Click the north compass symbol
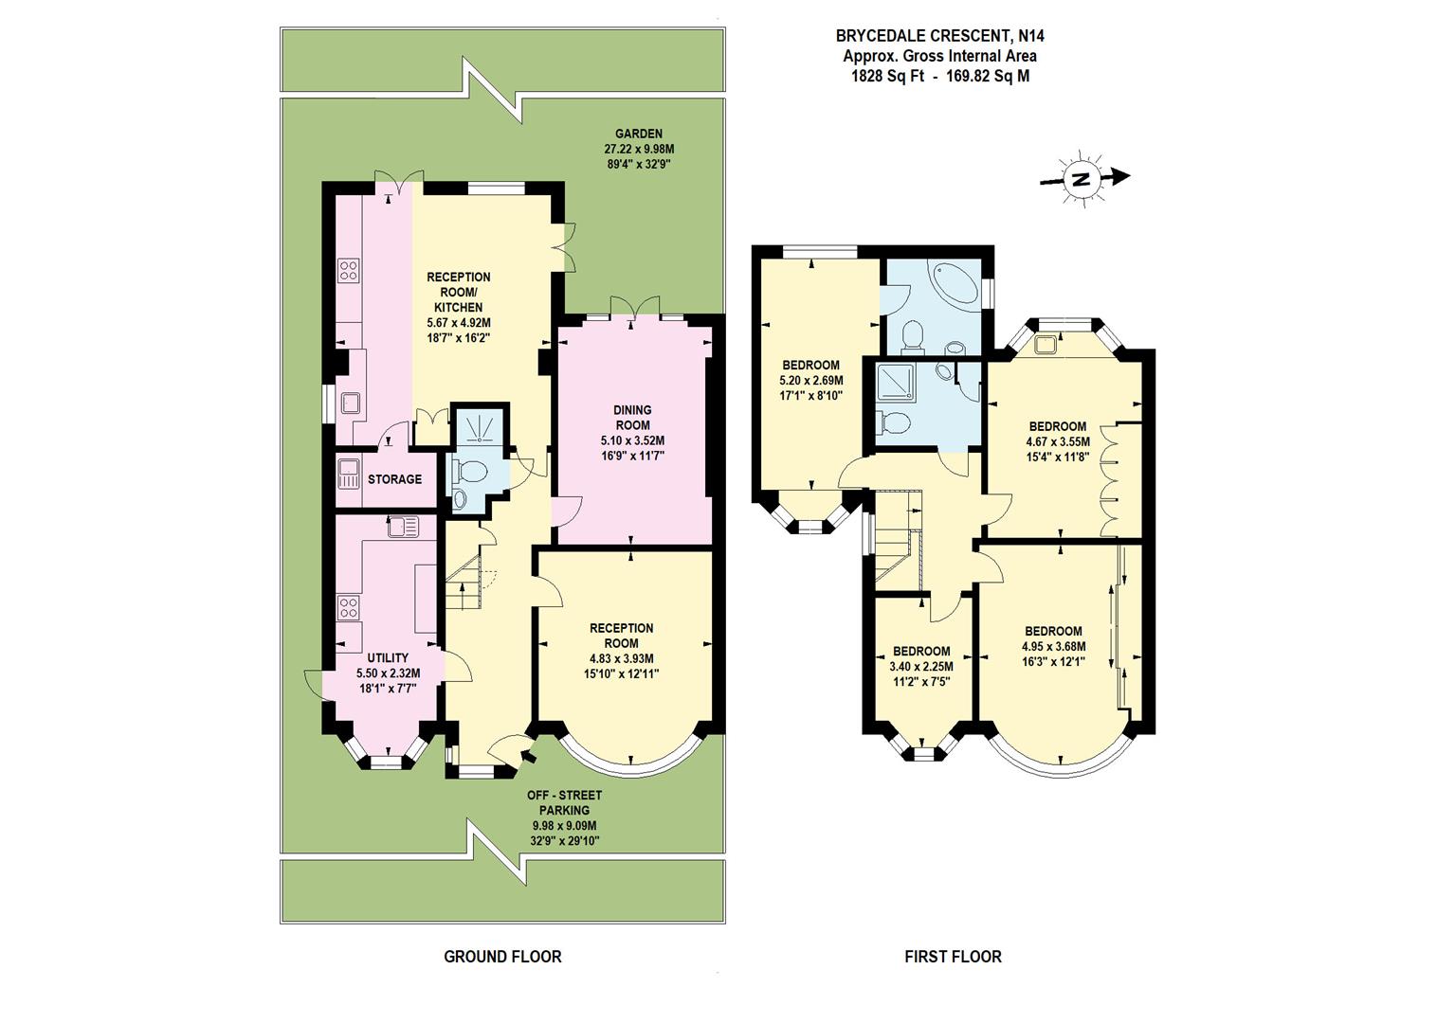coord(1082,178)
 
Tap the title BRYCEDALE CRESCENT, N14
coord(939,36)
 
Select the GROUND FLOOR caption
coord(502,957)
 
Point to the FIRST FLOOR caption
coord(953,957)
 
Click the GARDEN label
coord(638,134)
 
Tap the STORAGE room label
coord(394,479)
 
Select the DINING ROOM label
coord(632,418)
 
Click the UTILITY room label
coord(388,658)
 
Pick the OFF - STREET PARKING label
coord(564,802)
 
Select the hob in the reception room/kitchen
coord(348,272)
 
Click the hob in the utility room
coord(348,607)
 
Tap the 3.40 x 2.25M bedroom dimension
coord(920,666)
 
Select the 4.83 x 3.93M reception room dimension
coord(621,658)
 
